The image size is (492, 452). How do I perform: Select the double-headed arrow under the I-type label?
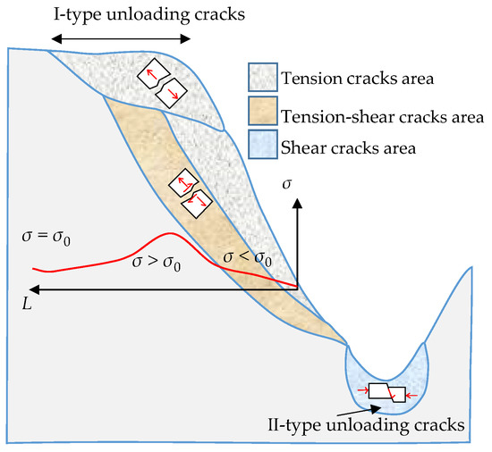(x=121, y=38)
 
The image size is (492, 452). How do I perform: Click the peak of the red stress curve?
(x=165, y=234)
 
